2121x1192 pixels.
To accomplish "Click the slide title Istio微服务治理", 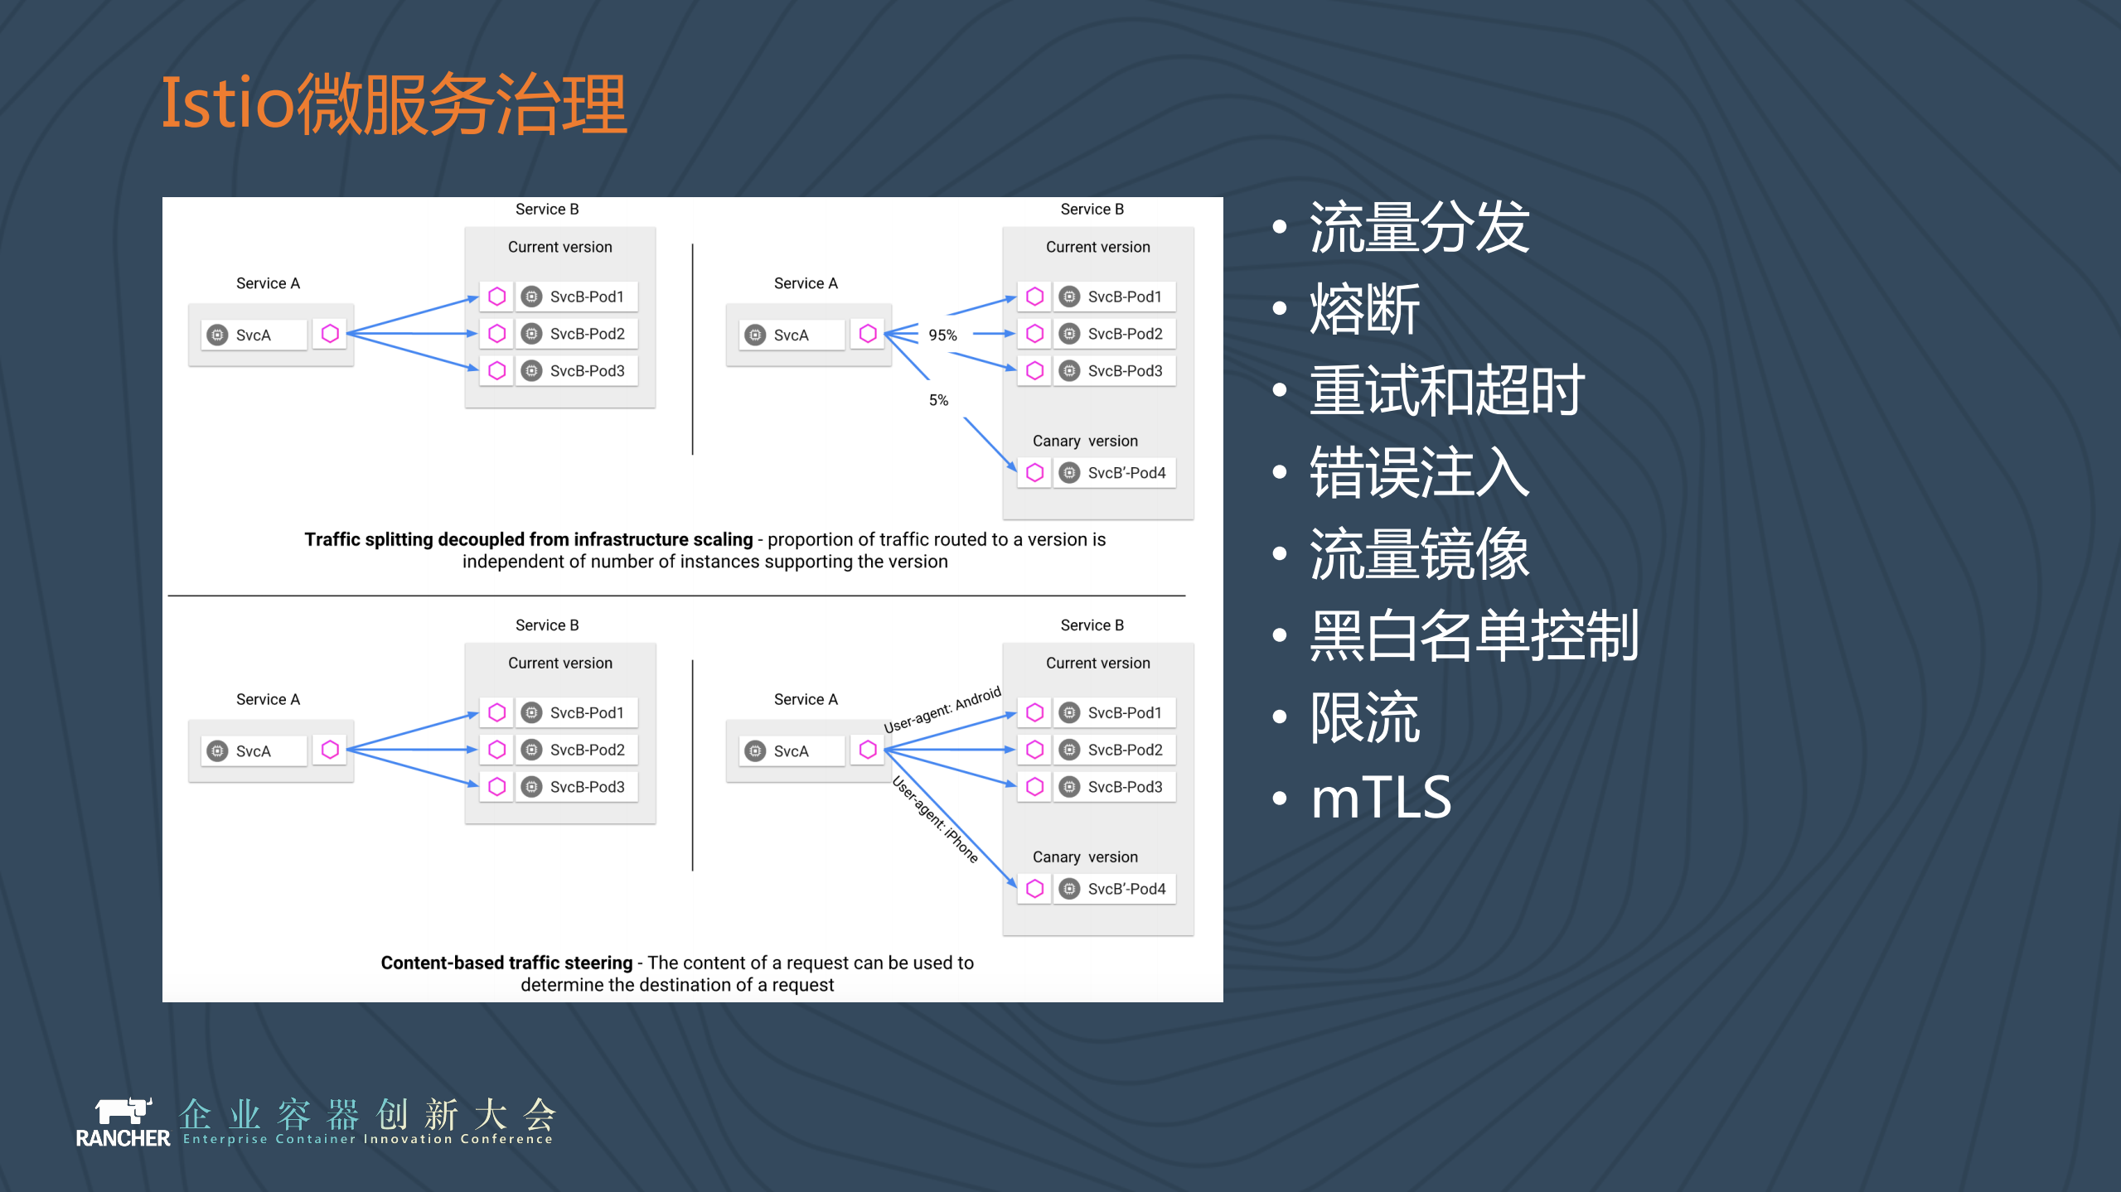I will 394,104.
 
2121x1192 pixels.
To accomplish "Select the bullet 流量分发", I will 1419,228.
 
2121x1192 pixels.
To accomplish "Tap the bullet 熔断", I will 1364,309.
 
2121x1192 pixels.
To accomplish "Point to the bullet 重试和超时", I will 1446,391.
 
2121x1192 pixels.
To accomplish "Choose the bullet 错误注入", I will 1419,472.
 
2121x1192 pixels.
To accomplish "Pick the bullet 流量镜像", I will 1419,554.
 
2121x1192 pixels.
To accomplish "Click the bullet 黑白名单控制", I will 1474,635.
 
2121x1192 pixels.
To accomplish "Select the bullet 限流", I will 1364,717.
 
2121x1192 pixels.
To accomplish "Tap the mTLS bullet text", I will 1381,799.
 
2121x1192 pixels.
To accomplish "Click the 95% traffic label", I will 942,335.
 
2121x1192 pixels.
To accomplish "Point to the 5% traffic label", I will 938,400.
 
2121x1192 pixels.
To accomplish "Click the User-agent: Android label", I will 942,710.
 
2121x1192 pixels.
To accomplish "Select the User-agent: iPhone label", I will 936,819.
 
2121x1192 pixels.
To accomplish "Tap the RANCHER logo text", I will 123,1138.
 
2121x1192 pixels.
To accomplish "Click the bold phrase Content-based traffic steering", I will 506,963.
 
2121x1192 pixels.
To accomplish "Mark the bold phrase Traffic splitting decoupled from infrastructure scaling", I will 528,539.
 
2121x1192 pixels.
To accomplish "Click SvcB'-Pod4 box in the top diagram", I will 1114,473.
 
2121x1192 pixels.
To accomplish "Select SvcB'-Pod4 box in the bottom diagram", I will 1114,889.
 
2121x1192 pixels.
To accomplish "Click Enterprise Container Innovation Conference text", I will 367,1139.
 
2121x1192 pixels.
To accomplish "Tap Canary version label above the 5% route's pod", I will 1085,442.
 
